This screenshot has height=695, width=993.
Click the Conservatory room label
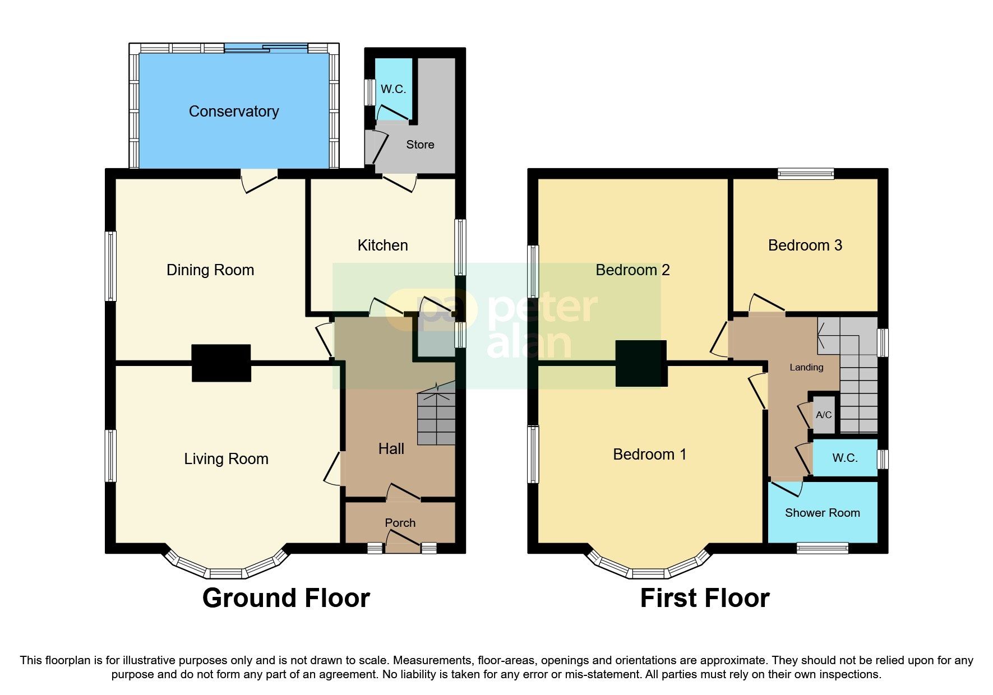click(234, 112)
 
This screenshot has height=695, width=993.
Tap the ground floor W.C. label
click(393, 90)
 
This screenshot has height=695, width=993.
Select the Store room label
click(420, 145)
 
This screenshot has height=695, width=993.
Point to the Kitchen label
click(382, 245)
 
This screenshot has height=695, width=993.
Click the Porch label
click(400, 523)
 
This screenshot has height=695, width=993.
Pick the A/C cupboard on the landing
click(824, 415)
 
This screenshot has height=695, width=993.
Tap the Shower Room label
click(822, 513)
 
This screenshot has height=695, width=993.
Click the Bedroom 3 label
click(805, 245)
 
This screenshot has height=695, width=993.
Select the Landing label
click(806, 368)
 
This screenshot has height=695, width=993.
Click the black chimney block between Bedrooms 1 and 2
click(641, 364)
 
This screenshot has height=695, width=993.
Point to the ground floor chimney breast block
click(221, 363)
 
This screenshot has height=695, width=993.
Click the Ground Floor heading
click(286, 598)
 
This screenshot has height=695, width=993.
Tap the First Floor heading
click(704, 598)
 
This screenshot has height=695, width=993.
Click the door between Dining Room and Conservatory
click(259, 182)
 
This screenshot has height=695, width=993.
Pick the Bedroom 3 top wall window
click(805, 174)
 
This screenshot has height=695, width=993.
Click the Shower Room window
click(822, 548)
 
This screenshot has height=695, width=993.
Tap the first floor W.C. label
click(844, 458)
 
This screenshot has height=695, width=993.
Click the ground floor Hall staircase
click(436, 419)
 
